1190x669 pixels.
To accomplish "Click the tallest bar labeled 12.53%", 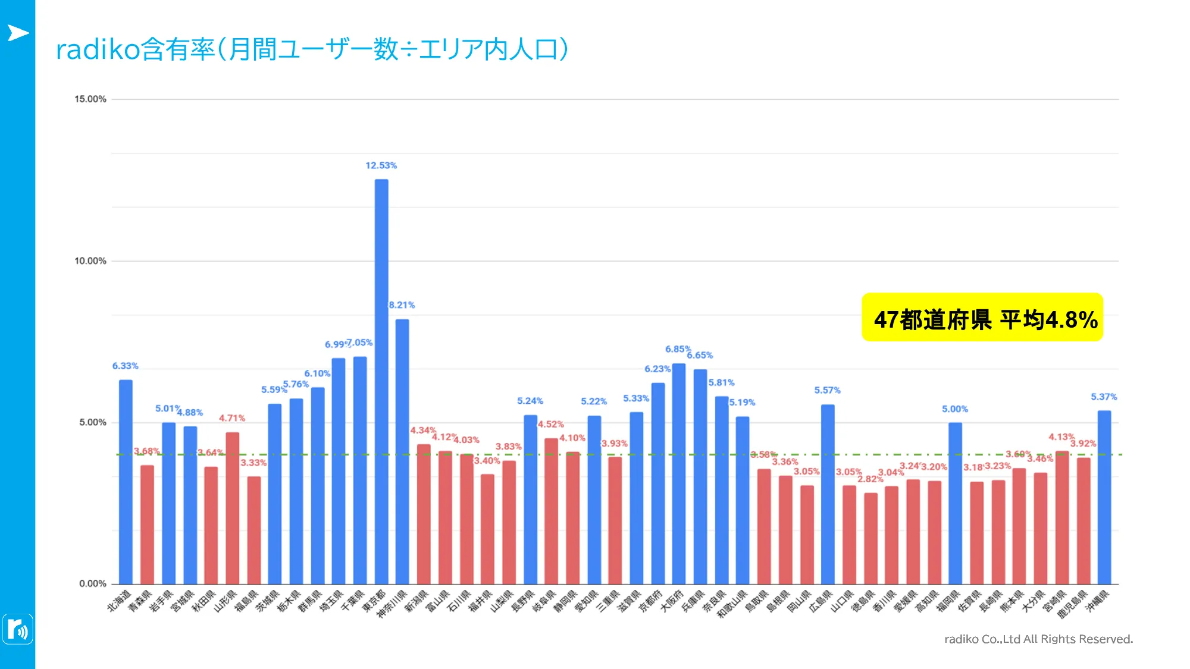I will (381, 381).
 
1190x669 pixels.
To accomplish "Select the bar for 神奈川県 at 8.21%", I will (402, 452).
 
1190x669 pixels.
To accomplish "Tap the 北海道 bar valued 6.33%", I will (126, 482).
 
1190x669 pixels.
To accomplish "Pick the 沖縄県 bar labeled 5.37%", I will (1104, 497).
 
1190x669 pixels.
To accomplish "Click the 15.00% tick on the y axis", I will (90, 99).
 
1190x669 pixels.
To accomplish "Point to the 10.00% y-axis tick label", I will (90, 261).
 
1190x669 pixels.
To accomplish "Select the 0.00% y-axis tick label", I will (93, 583).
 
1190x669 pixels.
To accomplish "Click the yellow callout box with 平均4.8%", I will (982, 318).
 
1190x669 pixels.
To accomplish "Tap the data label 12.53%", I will (381, 165).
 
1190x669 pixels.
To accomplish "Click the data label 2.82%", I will (870, 479).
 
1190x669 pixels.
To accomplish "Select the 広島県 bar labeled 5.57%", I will (828, 494).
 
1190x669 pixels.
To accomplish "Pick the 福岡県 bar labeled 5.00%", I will (955, 503).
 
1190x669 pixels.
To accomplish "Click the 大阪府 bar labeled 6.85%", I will (679, 473).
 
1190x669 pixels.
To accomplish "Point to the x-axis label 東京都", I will (374, 601).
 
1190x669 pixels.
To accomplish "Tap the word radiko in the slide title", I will (98, 49).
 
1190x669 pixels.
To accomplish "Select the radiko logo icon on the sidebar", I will (18, 629).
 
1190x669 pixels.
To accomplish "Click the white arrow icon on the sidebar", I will (18, 33).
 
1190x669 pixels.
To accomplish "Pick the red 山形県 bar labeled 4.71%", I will (233, 508).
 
